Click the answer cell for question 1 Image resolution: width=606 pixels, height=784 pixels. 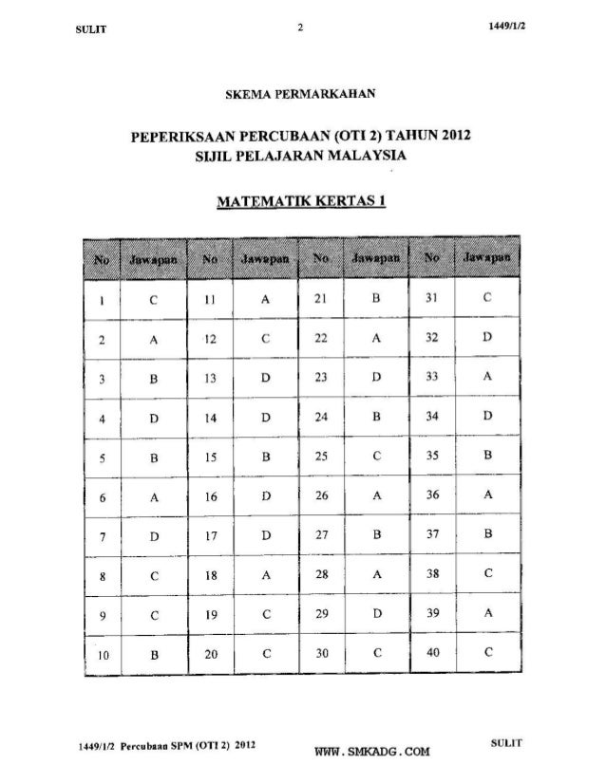tap(153, 301)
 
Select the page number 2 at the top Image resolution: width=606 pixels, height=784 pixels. tap(300, 28)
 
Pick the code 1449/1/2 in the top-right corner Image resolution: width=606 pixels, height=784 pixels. tap(511, 28)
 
